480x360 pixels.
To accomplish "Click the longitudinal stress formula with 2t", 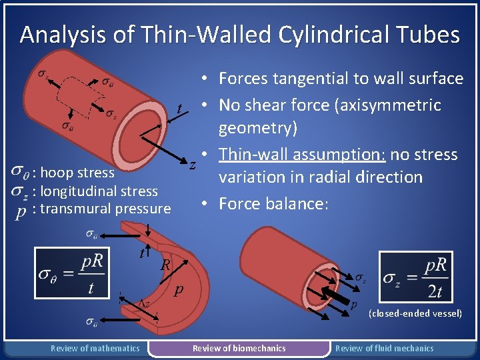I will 416,277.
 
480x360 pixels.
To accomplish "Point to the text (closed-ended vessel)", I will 415,313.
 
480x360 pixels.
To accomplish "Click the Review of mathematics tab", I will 95,348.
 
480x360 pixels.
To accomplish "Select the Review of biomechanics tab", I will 239,348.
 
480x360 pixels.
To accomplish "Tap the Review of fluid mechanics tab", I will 384,348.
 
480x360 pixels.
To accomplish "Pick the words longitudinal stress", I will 99,191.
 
